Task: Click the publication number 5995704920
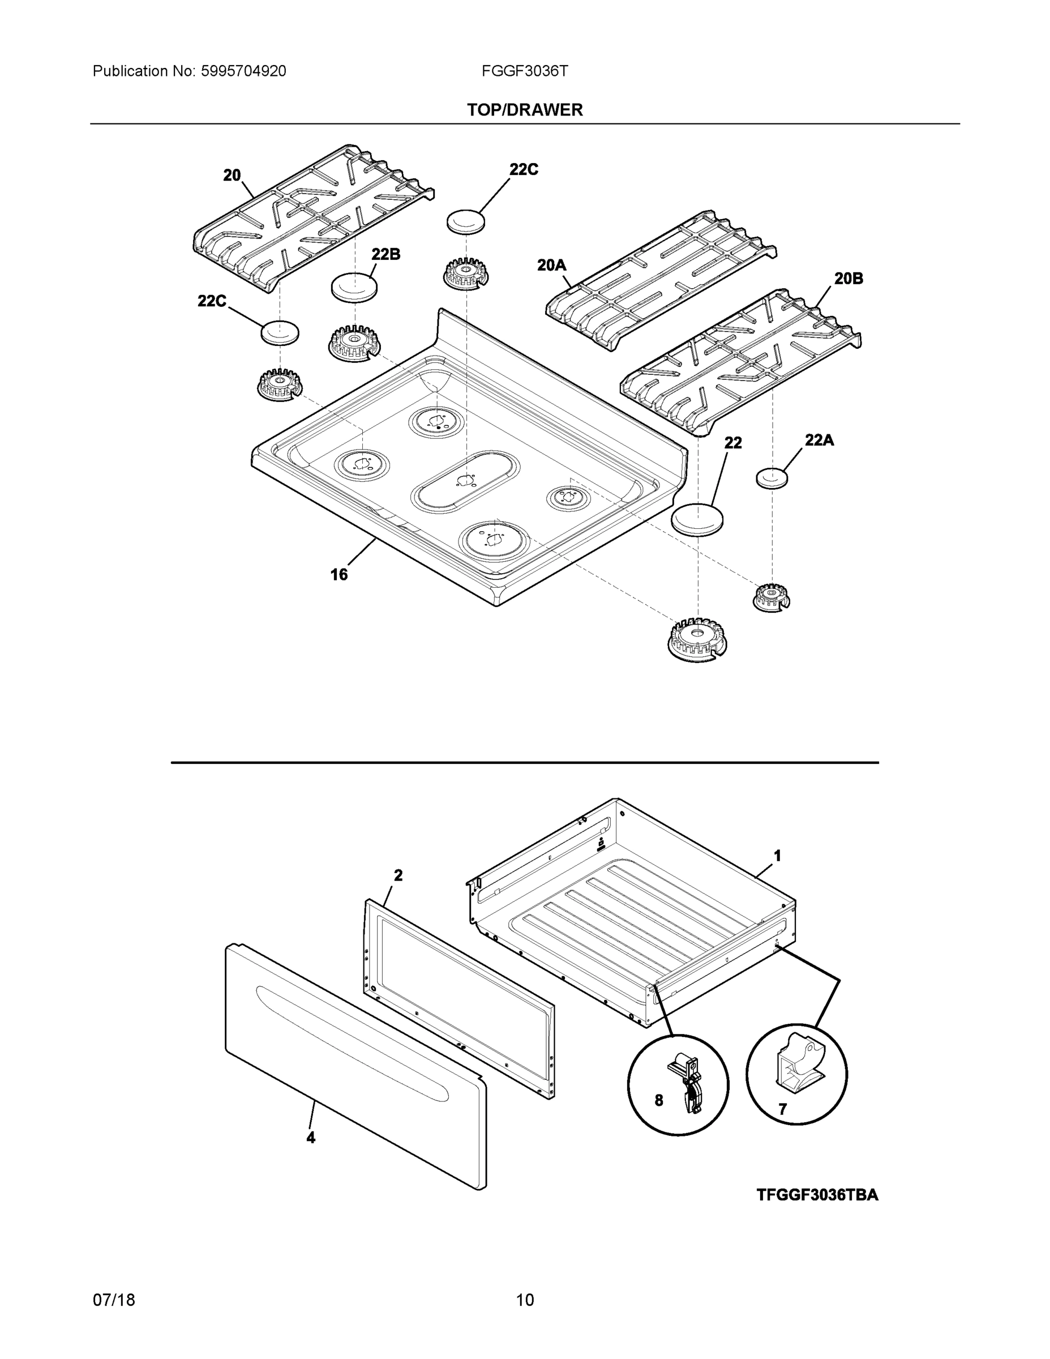click(x=243, y=71)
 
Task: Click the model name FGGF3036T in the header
click(x=524, y=71)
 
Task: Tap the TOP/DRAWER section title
click(x=524, y=110)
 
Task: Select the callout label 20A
click(x=551, y=266)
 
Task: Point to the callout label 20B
click(x=848, y=279)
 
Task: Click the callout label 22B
click(x=385, y=254)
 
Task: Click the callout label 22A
click(x=818, y=441)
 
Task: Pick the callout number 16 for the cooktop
click(x=339, y=574)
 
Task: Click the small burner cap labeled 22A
click(x=772, y=478)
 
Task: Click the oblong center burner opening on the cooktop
click(x=465, y=482)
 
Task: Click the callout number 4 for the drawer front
click(x=310, y=1138)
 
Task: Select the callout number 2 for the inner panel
click(x=398, y=875)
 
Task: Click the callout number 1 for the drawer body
click(x=777, y=856)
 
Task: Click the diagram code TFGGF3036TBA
click(x=817, y=1195)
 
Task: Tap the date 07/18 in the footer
click(x=114, y=1300)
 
